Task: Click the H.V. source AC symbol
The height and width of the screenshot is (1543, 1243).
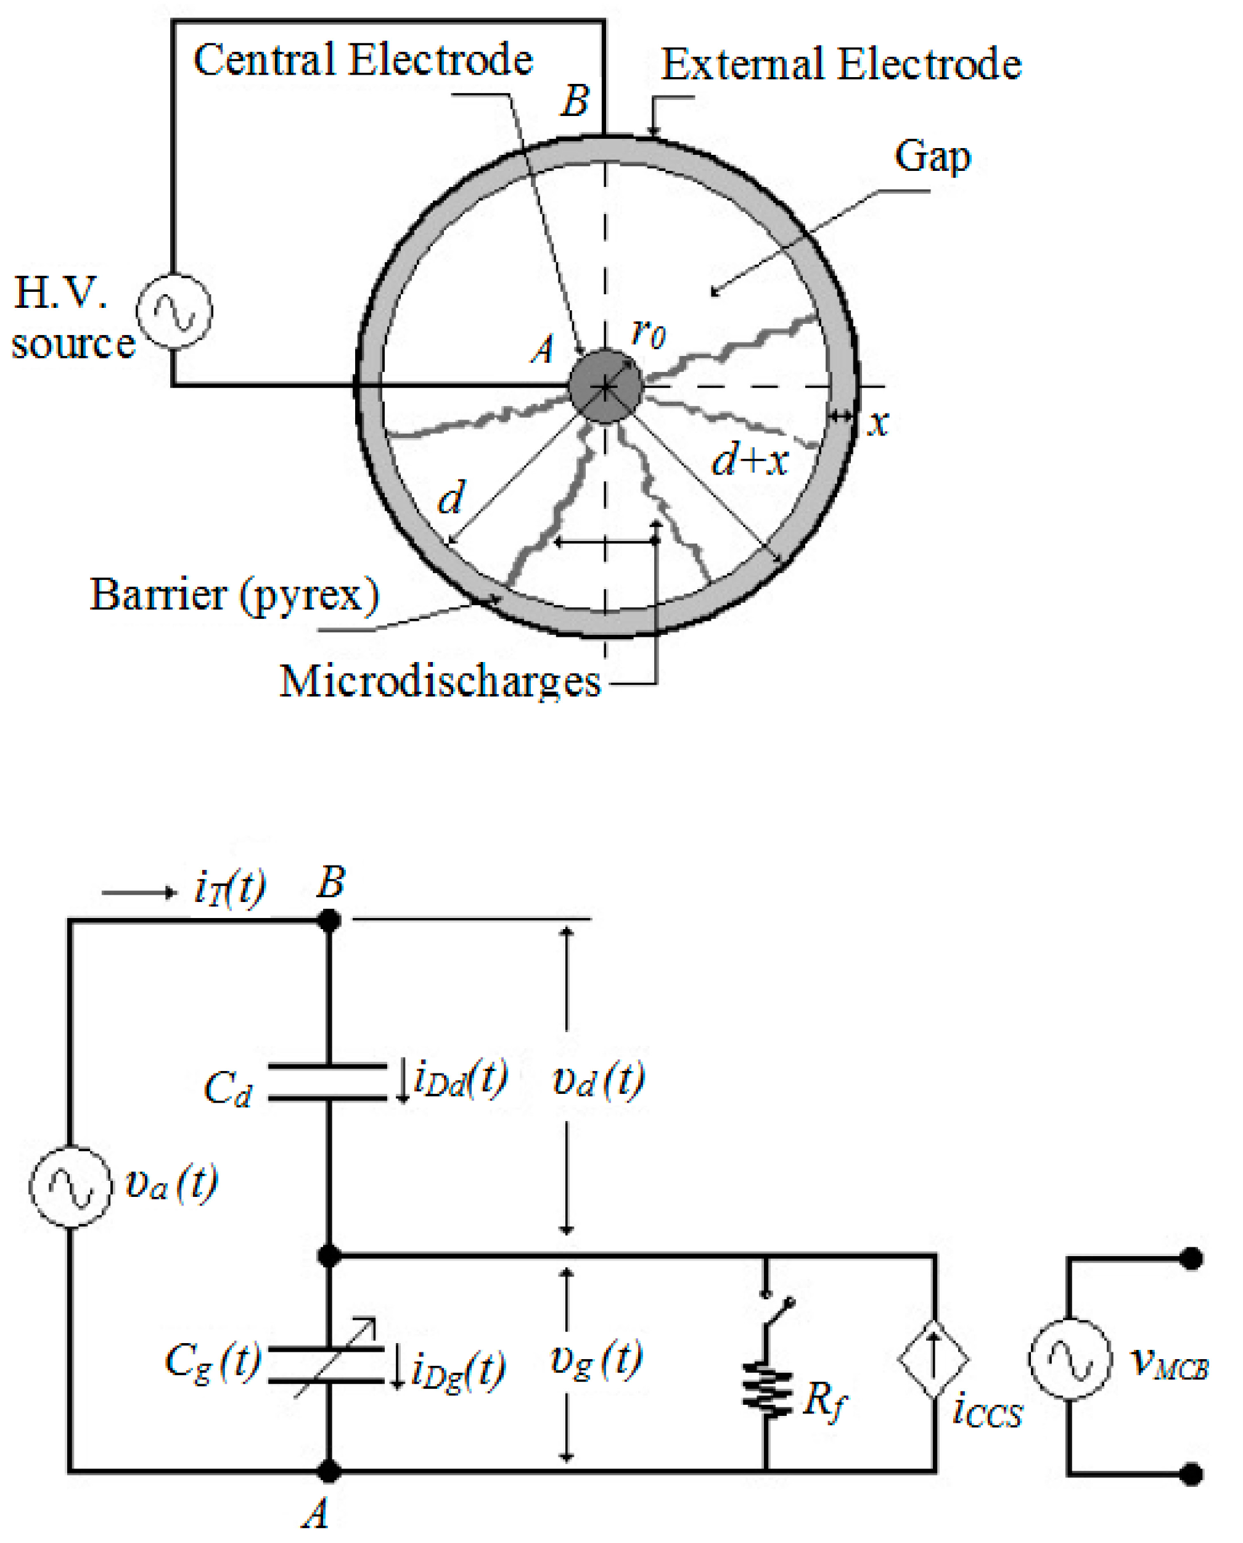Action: point(174,312)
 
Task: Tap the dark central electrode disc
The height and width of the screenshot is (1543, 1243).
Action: point(605,387)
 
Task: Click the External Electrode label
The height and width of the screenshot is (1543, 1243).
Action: point(840,64)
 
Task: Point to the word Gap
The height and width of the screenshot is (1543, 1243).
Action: point(932,155)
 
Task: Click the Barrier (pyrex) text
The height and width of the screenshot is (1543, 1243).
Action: point(234,595)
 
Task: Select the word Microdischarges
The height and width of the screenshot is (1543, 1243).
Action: point(440,680)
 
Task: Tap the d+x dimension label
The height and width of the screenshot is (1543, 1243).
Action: point(749,458)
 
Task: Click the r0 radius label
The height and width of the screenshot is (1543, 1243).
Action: point(648,333)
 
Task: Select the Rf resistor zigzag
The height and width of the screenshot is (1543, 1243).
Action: point(767,1392)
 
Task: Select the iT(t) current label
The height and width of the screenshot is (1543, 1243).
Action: point(230,888)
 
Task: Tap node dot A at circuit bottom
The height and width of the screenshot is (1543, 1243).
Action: point(329,1471)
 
